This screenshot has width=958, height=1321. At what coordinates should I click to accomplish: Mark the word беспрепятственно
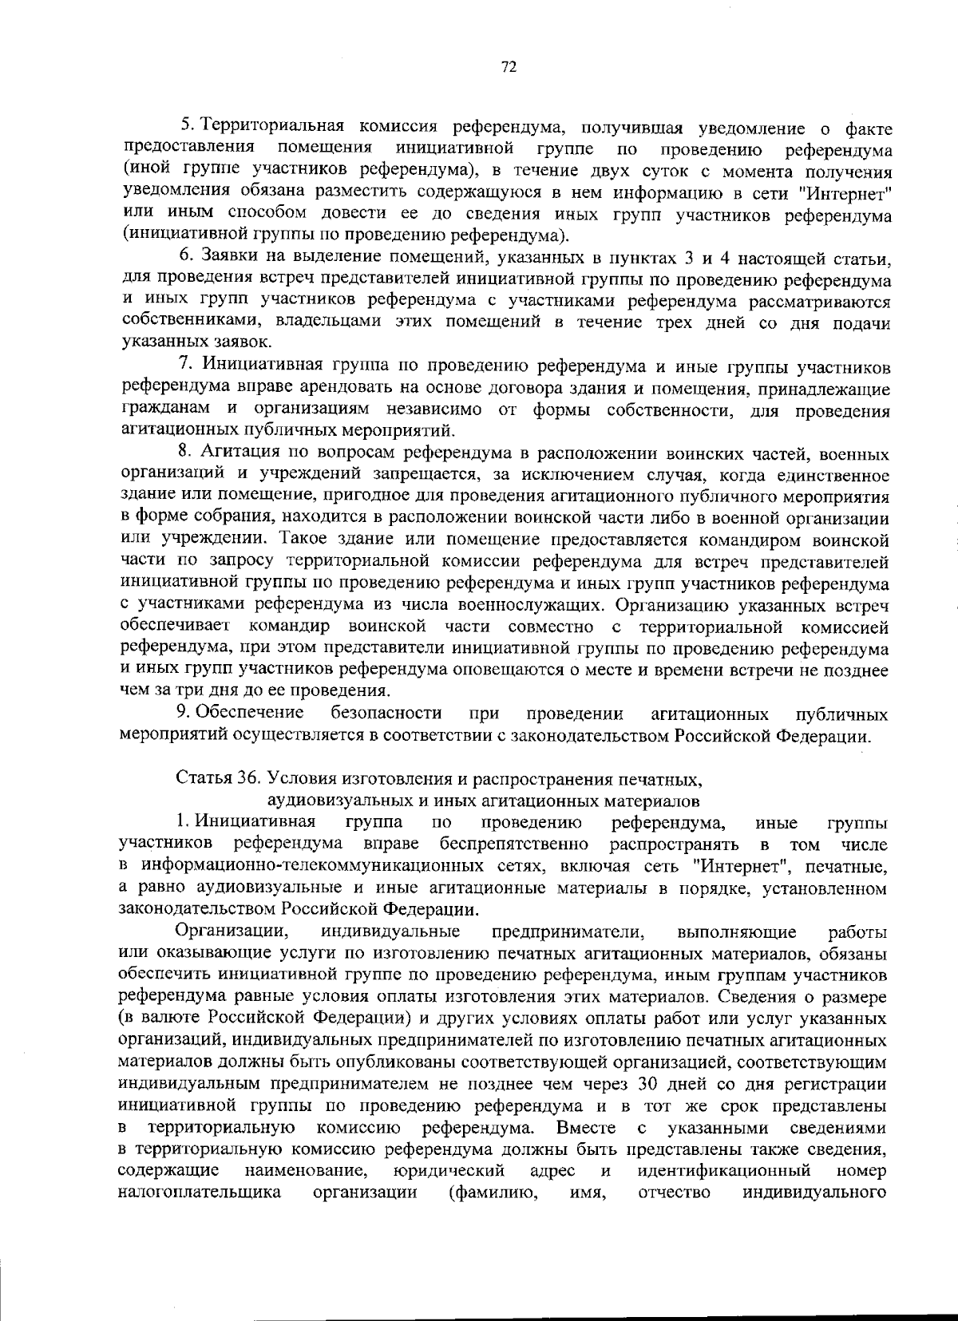click(x=513, y=844)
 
